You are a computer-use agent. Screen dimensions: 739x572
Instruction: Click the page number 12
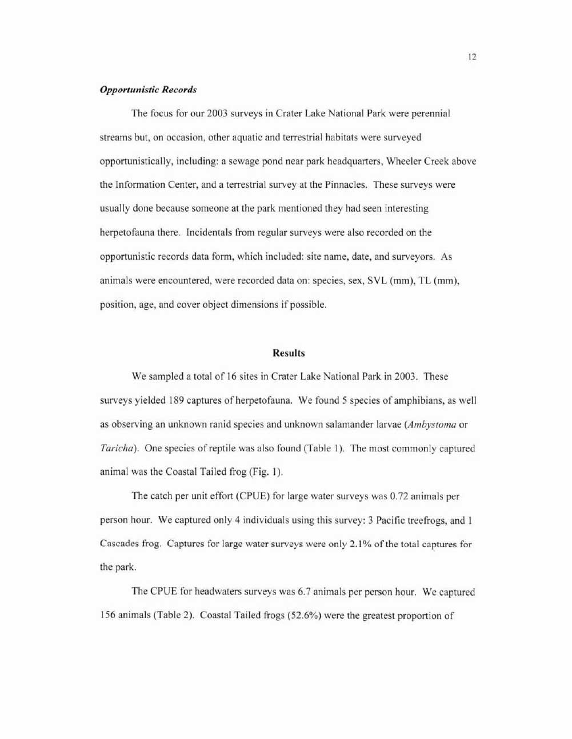coord(472,56)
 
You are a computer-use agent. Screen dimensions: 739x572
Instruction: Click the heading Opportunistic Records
coord(148,90)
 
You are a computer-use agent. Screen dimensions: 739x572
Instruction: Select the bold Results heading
coord(289,353)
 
